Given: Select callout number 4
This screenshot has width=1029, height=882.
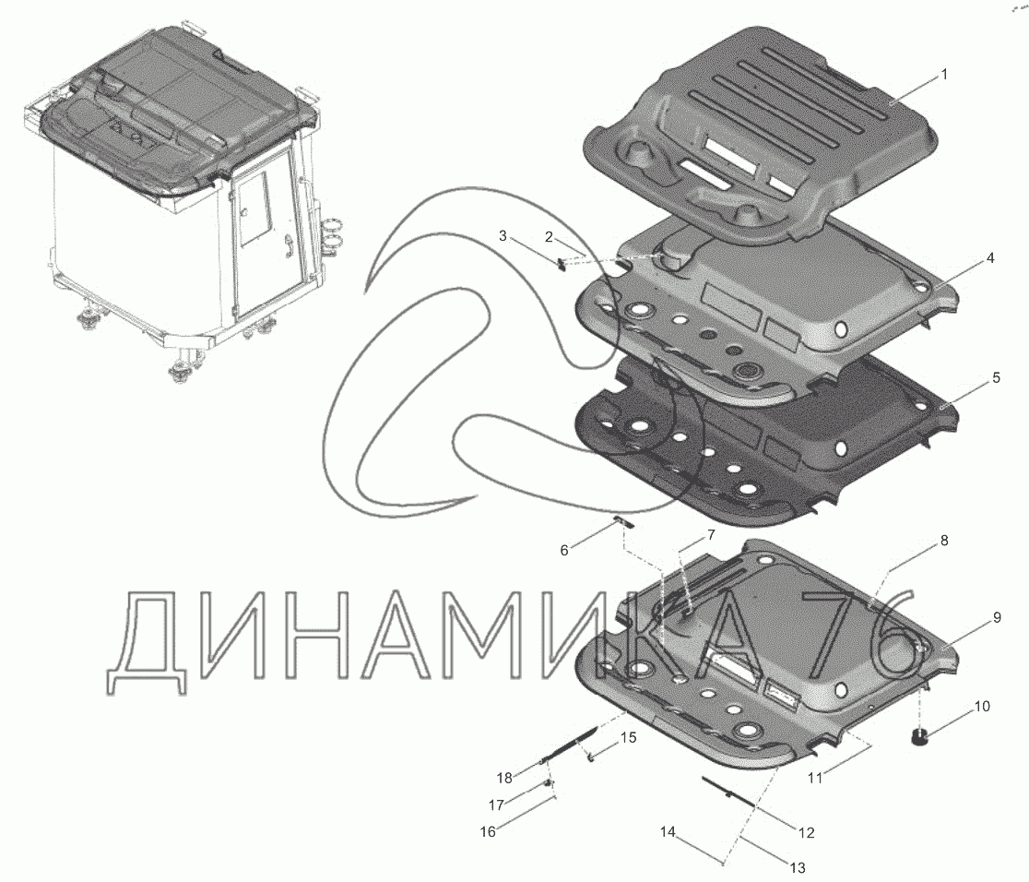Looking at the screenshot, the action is pos(989,259).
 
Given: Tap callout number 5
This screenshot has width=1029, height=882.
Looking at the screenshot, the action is pos(995,377).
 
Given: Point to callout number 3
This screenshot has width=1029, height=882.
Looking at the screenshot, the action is pos(503,237).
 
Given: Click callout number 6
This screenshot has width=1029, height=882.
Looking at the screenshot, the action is pos(564,551).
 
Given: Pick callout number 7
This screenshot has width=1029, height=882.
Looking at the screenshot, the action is pos(711,535).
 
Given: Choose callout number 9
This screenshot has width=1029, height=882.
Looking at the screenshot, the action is pos(996,619).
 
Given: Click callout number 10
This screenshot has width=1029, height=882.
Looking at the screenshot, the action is pos(981,707).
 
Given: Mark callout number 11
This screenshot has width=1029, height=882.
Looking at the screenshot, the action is pos(814,778).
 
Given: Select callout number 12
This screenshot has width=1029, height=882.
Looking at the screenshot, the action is pos(806,832).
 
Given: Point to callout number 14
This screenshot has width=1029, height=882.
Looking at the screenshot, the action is pos(668,832).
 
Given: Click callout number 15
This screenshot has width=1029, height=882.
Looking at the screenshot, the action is pos(628,738).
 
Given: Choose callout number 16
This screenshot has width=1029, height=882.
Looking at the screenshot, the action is pos(488,831).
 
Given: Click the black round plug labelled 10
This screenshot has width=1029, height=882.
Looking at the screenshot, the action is pos(918,737).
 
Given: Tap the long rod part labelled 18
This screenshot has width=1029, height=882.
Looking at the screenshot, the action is pos(564,746).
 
